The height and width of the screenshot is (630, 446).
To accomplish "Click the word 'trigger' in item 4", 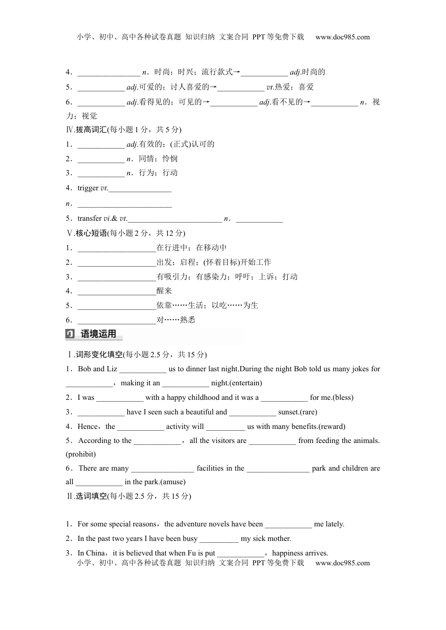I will pos(88,188).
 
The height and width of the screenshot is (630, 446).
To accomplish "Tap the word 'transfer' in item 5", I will pos(89,218).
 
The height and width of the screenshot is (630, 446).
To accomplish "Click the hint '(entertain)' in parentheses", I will pos(246,383).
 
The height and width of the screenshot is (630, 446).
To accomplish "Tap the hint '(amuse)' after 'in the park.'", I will pos(173,482).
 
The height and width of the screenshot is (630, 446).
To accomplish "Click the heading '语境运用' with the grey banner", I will pos(99,334).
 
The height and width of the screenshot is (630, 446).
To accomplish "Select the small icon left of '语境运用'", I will pos(70,334).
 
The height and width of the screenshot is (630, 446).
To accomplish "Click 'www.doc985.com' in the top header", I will pos(342,37).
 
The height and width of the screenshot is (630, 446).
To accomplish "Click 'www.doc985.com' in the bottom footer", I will pos(342,563).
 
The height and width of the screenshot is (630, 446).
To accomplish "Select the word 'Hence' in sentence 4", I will pos(88,427).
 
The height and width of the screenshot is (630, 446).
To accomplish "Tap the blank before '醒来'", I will pos(116,291).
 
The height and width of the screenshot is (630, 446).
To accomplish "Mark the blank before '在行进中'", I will pos(116,248).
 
